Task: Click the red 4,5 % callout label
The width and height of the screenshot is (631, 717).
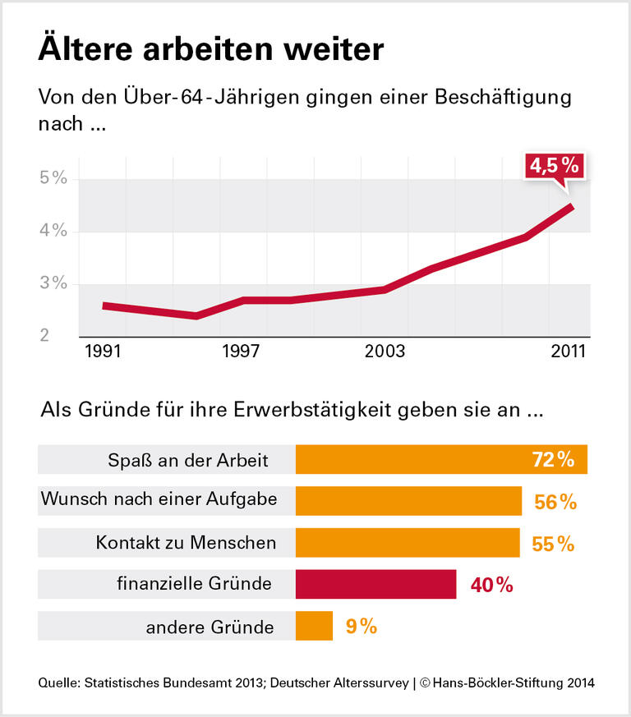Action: (555, 165)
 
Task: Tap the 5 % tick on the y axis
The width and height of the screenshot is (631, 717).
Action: (53, 179)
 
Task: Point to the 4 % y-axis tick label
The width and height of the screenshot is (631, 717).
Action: (53, 232)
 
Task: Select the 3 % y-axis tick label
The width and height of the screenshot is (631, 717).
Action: (53, 283)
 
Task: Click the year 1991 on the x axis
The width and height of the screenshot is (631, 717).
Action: (103, 352)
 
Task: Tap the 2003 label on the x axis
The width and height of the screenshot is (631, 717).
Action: (385, 352)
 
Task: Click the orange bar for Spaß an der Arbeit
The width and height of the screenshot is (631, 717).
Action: (441, 460)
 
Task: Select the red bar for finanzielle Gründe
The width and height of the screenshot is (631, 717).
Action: (375, 584)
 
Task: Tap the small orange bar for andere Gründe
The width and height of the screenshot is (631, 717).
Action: (314, 627)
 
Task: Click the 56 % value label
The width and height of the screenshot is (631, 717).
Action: (556, 502)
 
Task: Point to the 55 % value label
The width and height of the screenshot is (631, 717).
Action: (554, 543)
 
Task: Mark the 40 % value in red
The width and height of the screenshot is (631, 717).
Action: (492, 585)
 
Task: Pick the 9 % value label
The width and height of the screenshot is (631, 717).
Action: (362, 627)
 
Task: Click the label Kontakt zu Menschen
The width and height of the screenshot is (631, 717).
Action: (186, 543)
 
